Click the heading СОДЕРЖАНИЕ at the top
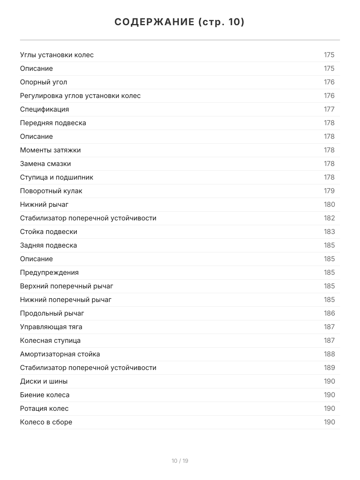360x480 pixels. point(180,22)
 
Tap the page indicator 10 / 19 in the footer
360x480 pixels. point(180,461)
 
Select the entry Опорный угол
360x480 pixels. point(44,82)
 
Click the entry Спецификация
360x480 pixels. point(44,109)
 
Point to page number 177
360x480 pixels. point(329,109)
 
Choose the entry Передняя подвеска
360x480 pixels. point(53,123)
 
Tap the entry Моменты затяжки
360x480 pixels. point(50,150)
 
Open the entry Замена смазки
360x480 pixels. point(45,164)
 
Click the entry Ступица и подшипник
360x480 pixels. point(56,177)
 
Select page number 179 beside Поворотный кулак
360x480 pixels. point(329,191)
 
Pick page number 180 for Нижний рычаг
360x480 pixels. point(329,204)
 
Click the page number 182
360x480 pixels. point(329,218)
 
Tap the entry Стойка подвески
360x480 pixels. point(48,232)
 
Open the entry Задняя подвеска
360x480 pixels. point(48,245)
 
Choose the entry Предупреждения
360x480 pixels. point(49,272)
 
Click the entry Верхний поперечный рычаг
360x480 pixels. point(66,286)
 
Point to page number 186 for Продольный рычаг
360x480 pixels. point(329,313)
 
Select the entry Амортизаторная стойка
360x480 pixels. point(60,354)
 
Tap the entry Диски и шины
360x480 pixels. point(44,381)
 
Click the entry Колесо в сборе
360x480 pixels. point(46,422)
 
